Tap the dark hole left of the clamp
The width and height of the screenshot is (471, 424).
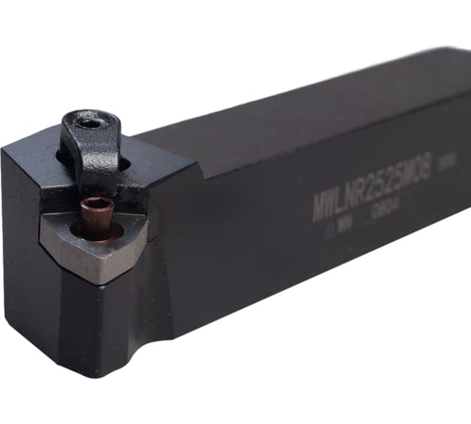pyautogui.click(x=62, y=156)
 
